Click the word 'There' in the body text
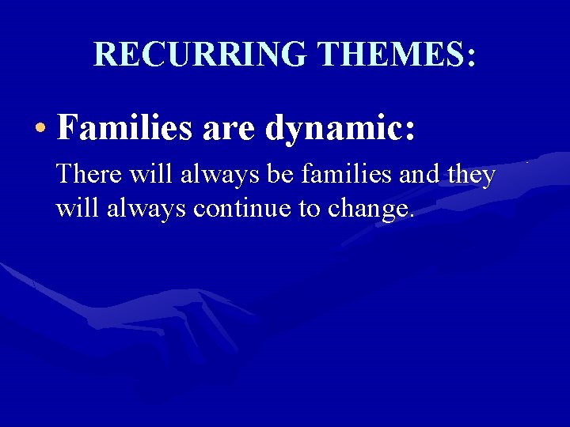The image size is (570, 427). point(85,174)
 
